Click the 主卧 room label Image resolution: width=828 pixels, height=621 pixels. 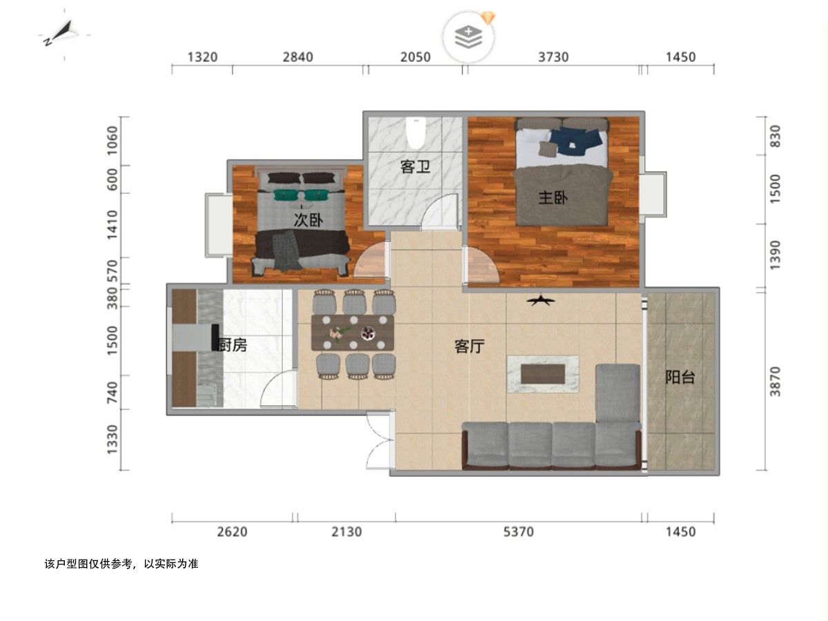tap(553, 197)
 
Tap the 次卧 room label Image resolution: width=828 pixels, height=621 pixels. tap(308, 220)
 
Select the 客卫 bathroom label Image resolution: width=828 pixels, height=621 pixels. tap(415, 167)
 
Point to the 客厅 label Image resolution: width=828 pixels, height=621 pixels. tap(469, 346)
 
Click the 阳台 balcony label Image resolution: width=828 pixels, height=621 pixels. tap(680, 377)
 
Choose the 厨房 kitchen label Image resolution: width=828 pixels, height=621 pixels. tap(233, 345)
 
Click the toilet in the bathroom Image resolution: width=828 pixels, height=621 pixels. tap(415, 132)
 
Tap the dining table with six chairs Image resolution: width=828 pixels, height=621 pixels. tap(353, 333)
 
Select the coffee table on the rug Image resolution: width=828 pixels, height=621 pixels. tap(543, 374)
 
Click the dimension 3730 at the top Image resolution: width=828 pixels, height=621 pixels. tap(553, 57)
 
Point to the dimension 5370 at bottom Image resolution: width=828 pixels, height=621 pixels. tap(519, 531)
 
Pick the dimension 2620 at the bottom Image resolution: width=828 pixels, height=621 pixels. tap(232, 531)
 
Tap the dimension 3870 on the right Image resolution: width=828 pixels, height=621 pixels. tap(775, 381)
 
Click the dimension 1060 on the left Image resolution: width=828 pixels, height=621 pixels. tap(112, 140)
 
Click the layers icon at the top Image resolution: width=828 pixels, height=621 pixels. tap(469, 37)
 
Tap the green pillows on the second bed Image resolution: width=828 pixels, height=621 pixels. tap(301, 195)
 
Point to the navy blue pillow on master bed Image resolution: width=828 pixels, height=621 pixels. tap(575, 141)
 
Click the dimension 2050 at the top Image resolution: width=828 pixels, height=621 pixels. tap(415, 57)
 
